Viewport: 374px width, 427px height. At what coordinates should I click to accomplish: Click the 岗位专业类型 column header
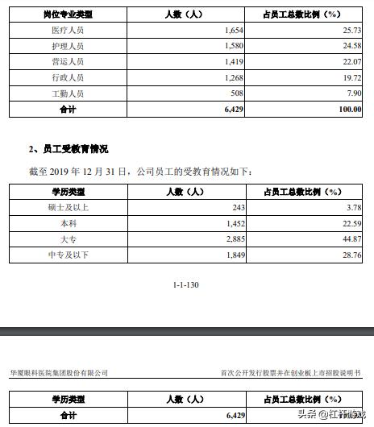67,15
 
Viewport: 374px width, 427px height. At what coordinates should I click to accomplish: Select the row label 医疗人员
67,30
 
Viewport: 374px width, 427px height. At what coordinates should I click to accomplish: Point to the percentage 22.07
350,61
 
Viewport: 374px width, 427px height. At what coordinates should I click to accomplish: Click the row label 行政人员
67,77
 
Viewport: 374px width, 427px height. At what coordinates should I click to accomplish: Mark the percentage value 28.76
350,255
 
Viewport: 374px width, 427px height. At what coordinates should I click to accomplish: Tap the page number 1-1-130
186,285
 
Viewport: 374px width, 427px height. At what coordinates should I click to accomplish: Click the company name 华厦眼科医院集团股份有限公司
58,373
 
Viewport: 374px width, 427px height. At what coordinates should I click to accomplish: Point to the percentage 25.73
350,30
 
